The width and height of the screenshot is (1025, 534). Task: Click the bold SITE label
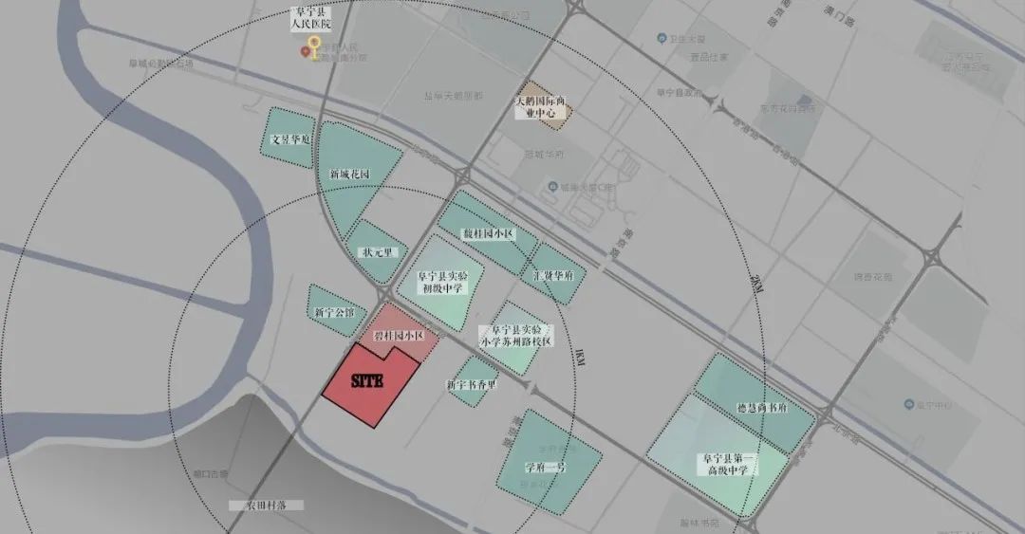(x=365, y=382)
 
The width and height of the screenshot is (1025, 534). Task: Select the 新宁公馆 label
(x=332, y=312)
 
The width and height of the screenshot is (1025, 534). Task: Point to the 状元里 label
(x=372, y=253)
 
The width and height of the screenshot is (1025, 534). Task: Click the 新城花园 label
(x=349, y=175)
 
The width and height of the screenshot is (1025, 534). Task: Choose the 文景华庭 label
(x=290, y=138)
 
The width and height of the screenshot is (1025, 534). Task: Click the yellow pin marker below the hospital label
(x=313, y=49)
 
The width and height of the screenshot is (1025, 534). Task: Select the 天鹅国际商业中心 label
(x=540, y=106)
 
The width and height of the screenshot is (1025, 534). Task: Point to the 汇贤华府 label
(x=553, y=275)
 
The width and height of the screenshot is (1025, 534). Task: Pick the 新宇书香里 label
(x=472, y=385)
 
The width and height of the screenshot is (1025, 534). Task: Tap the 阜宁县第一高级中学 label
(x=726, y=464)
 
